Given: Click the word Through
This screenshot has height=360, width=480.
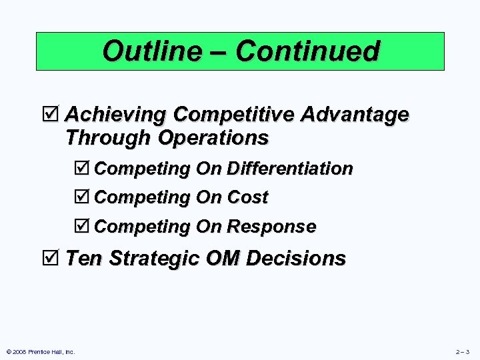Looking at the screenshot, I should [109, 138].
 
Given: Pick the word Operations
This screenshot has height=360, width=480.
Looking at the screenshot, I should [213, 138].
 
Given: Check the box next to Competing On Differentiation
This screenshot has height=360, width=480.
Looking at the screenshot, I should [83, 169].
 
